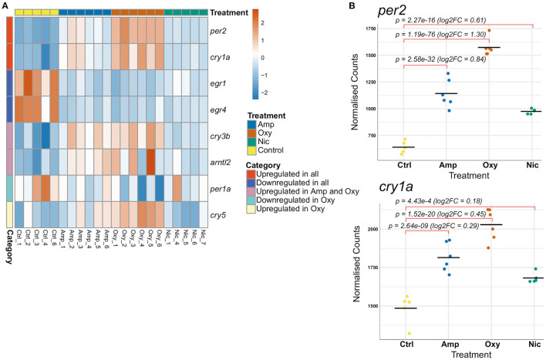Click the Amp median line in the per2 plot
[x=445, y=93]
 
